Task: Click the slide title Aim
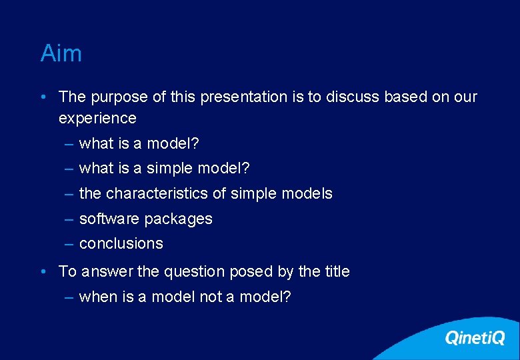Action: tap(61, 53)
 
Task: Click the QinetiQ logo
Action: tap(475, 338)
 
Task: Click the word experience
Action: tap(97, 119)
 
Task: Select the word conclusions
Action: tap(121, 244)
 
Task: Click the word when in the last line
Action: tap(98, 297)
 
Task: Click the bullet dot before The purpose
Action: tap(43, 97)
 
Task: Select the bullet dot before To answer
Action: tap(43, 272)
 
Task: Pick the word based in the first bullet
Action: tap(406, 97)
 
